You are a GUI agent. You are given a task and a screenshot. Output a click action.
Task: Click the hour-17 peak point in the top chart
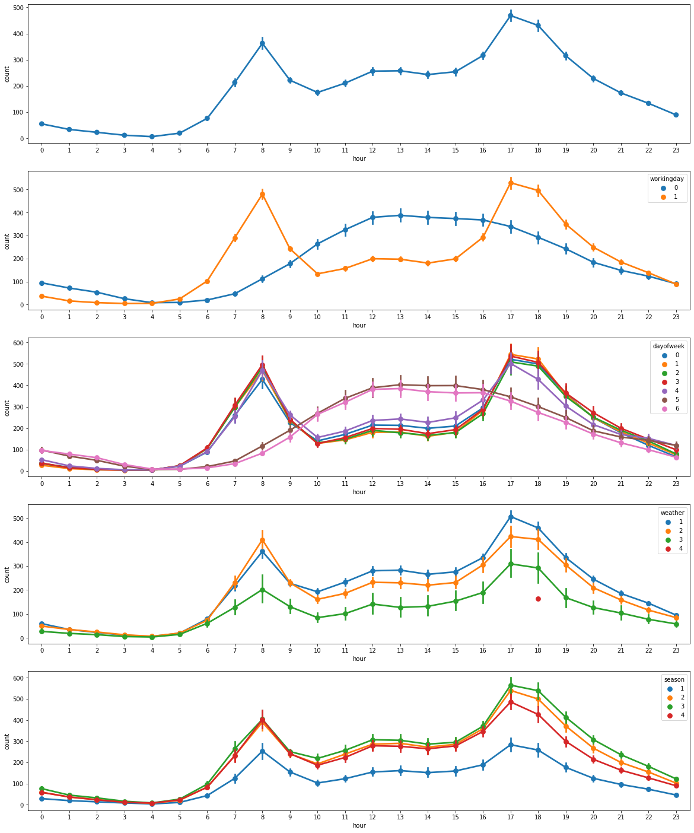[x=511, y=15]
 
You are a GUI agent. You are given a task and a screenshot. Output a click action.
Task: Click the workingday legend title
[x=667, y=179]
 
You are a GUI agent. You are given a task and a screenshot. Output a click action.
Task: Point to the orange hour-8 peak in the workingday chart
[x=262, y=195]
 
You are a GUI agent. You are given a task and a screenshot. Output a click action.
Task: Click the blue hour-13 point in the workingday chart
[x=400, y=215]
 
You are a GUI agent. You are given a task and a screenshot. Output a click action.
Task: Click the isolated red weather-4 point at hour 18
[x=538, y=599]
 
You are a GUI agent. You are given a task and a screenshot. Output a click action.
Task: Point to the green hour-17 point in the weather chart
[x=511, y=564]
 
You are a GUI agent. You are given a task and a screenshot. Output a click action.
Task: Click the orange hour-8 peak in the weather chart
[x=262, y=540]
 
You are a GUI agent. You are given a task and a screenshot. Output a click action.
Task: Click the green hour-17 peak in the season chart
[x=511, y=685]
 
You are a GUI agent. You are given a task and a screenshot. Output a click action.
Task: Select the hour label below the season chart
[x=359, y=825]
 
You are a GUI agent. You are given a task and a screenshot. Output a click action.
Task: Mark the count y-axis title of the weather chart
[x=7, y=574]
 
